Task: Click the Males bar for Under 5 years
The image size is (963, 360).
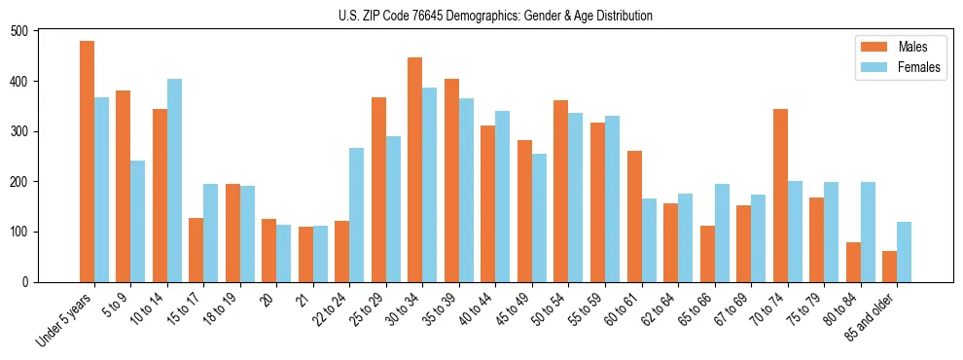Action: click(87, 162)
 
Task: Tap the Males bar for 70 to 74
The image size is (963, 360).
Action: click(780, 196)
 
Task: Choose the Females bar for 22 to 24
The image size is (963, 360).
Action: click(357, 215)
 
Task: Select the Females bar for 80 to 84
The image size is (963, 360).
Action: click(868, 233)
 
